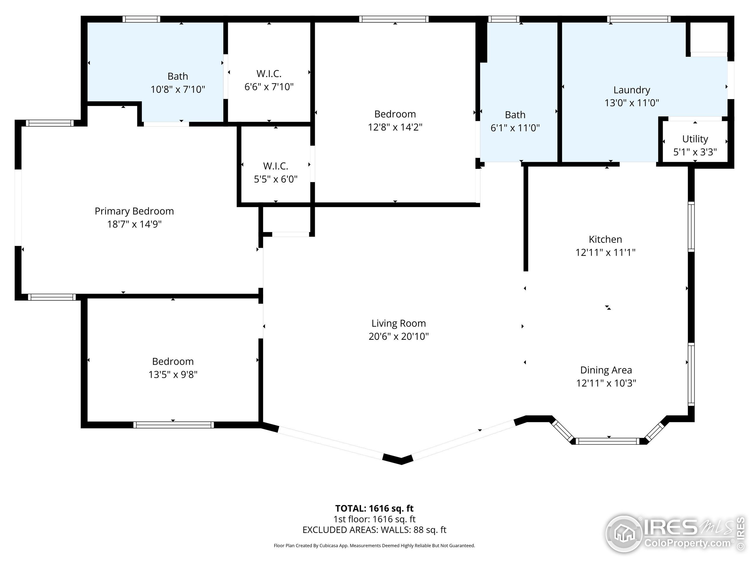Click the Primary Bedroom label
(134, 211)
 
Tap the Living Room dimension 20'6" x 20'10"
(398, 336)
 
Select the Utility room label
(695, 139)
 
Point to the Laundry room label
(631, 90)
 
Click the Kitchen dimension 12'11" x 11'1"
(605, 252)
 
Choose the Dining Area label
(606, 370)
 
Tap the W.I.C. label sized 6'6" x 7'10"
(269, 73)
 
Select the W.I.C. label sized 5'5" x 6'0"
(276, 166)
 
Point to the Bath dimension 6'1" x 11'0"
(515, 128)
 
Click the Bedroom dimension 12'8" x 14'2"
(395, 127)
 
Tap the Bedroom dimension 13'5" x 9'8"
(173, 374)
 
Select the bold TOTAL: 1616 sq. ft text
(374, 508)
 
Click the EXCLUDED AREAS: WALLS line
(374, 529)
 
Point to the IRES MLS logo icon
(624, 533)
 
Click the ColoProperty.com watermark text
(687, 543)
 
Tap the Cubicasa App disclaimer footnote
(374, 546)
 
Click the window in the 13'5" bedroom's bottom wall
(173, 425)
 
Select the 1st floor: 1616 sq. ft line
(374, 519)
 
